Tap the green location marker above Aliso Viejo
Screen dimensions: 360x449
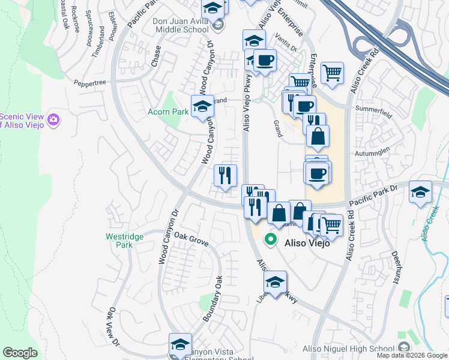coord(271,239)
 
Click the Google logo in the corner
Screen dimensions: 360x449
coord(20,353)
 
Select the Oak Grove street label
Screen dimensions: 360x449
coord(190,240)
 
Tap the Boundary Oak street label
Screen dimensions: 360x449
coord(212,298)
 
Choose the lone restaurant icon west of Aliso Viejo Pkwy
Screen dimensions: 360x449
coord(226,175)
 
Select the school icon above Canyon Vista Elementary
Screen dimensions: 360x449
coord(180,344)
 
